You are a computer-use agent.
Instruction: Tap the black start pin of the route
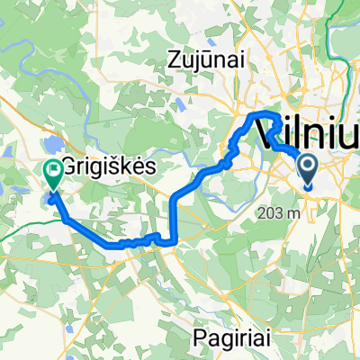coord(308,168)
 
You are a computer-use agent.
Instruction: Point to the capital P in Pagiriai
coord(200,337)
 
